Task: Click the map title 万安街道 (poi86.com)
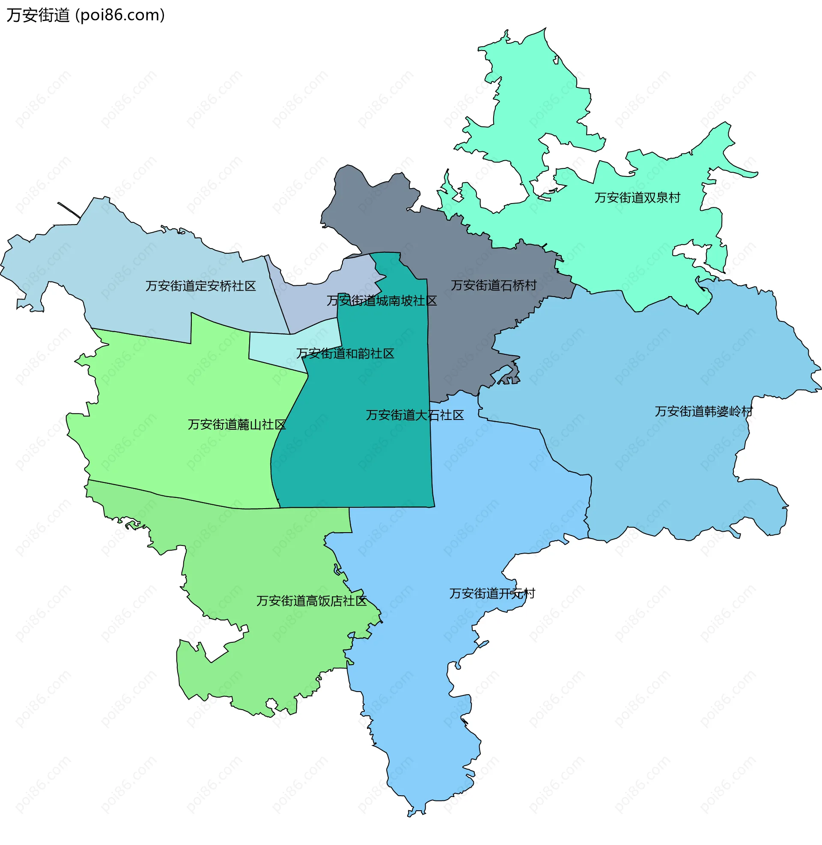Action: [x=86, y=15]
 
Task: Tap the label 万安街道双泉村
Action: [x=637, y=198]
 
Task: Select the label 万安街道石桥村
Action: [x=494, y=285]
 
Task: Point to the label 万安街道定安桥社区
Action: [x=200, y=286]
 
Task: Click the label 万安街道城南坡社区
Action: [x=381, y=301]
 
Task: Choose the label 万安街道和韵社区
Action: [x=345, y=354]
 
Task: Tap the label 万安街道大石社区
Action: [x=414, y=415]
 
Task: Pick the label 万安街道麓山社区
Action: [x=237, y=425]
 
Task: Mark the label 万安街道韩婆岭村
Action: [x=703, y=411]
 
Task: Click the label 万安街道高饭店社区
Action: [x=311, y=601]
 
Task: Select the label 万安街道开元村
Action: [x=492, y=593]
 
